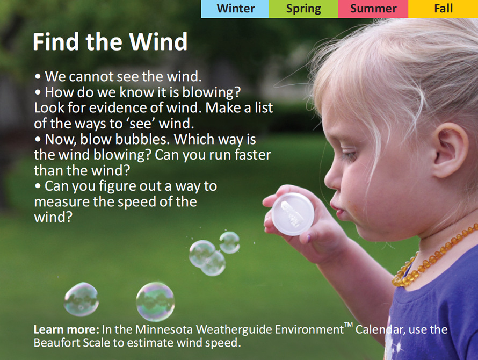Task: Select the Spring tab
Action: [x=303, y=9]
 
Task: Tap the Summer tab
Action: [x=373, y=9]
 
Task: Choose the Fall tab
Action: [x=444, y=9]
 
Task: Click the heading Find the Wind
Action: [x=110, y=42]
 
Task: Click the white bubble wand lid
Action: [x=293, y=214]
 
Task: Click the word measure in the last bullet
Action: [x=60, y=202]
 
